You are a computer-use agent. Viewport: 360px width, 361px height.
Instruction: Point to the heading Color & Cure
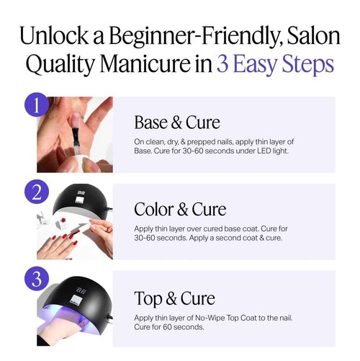pyautogui.click(x=180, y=209)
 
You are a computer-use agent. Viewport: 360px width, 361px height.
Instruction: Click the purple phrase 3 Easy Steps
pyautogui.click(x=275, y=63)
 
